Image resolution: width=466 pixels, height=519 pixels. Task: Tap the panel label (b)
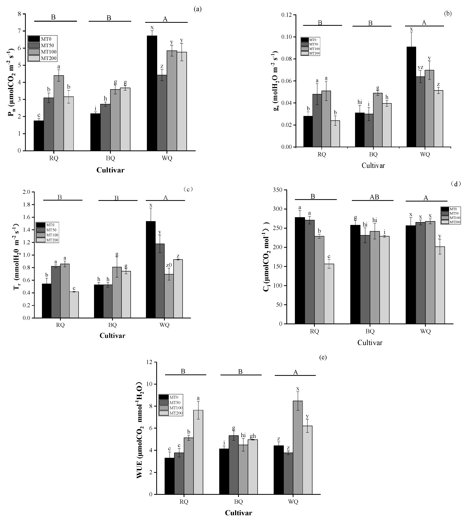[x=448, y=14]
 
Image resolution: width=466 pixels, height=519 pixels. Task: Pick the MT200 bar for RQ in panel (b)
[x=335, y=134]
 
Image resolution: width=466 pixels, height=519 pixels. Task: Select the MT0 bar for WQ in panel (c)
[x=151, y=270]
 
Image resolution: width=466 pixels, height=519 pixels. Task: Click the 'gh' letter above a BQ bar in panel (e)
[x=253, y=436]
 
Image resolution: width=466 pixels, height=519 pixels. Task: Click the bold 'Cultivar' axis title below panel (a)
[x=110, y=170]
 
